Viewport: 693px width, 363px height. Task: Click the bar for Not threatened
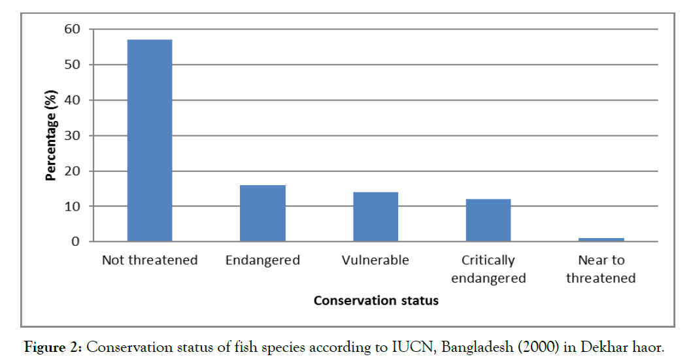tap(149, 141)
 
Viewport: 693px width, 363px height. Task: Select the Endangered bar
tap(262, 213)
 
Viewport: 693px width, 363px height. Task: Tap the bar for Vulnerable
tap(375, 216)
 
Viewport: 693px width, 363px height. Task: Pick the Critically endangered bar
tap(488, 220)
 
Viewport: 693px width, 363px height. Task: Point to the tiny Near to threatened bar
tap(601, 239)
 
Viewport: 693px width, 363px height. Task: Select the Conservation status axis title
tap(376, 301)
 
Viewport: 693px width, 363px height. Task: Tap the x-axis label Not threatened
tap(149, 260)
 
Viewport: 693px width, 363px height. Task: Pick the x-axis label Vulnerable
tap(375, 260)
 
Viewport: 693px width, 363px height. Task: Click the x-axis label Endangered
tap(262, 260)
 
